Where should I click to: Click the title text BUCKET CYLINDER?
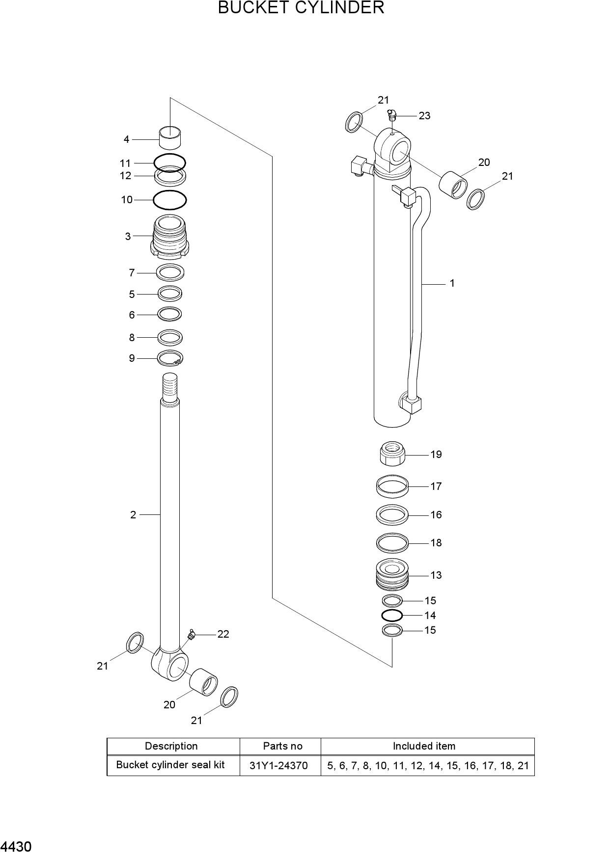[301, 8]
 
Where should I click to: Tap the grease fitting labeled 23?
[391, 116]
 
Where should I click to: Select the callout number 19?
[436, 455]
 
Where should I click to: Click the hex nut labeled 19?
[392, 454]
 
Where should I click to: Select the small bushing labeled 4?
[170, 137]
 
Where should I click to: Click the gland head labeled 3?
[170, 237]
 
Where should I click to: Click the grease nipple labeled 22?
[191, 635]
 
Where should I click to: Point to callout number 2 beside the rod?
[133, 515]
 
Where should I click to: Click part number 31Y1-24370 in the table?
[278, 765]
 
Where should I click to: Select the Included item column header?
[424, 746]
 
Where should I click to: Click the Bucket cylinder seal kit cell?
[170, 765]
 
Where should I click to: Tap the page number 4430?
[16, 847]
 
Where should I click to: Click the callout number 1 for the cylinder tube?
[452, 283]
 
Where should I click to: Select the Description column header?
[171, 746]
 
